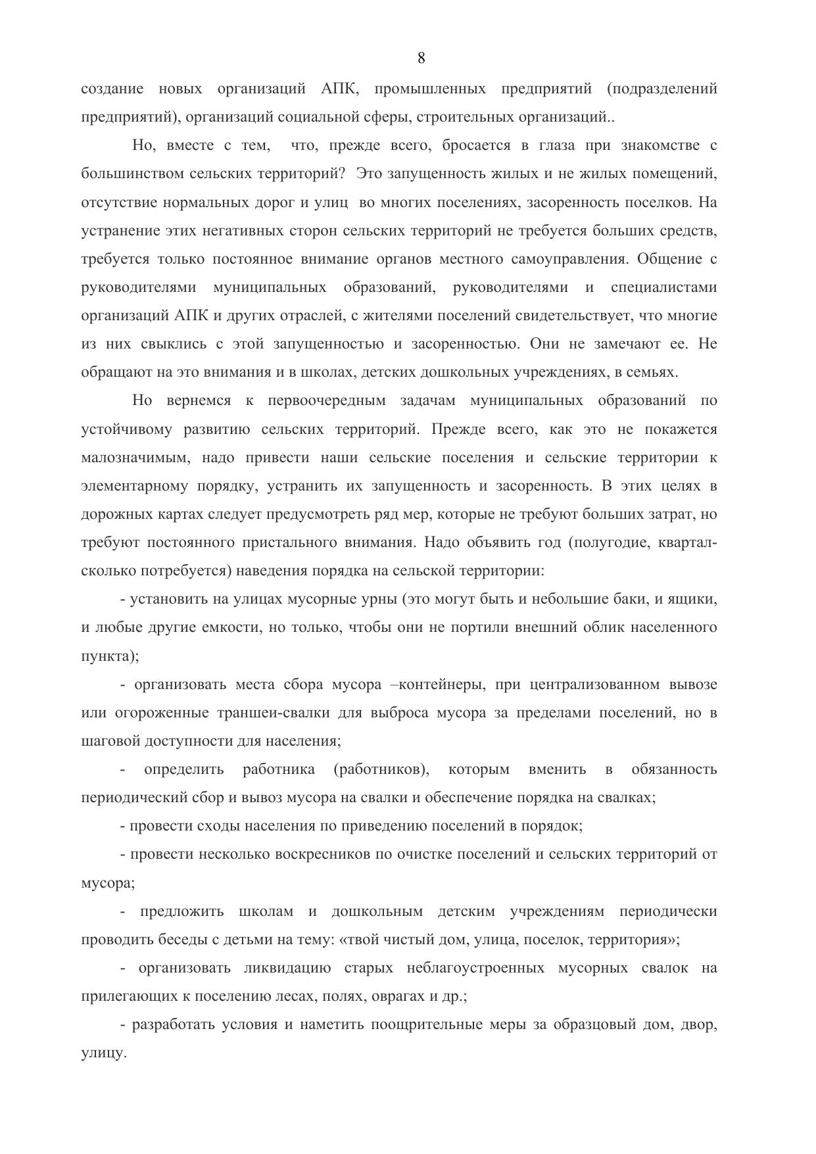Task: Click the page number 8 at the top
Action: coord(421,59)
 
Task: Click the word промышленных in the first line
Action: coord(430,89)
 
